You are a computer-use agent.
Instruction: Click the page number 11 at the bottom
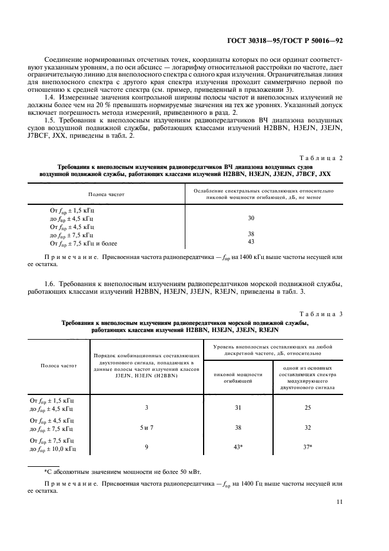tap(339, 502)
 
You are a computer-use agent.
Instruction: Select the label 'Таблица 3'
tap(321, 314)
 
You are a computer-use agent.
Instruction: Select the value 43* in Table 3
tap(238, 447)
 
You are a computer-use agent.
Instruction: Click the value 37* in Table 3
tap(307, 447)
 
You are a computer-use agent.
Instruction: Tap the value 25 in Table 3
tap(307, 407)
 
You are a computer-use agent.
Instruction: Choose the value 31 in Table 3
tap(238, 407)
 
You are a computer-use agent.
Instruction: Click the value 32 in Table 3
tap(307, 428)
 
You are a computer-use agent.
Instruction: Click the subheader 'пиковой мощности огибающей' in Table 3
tap(238, 378)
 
